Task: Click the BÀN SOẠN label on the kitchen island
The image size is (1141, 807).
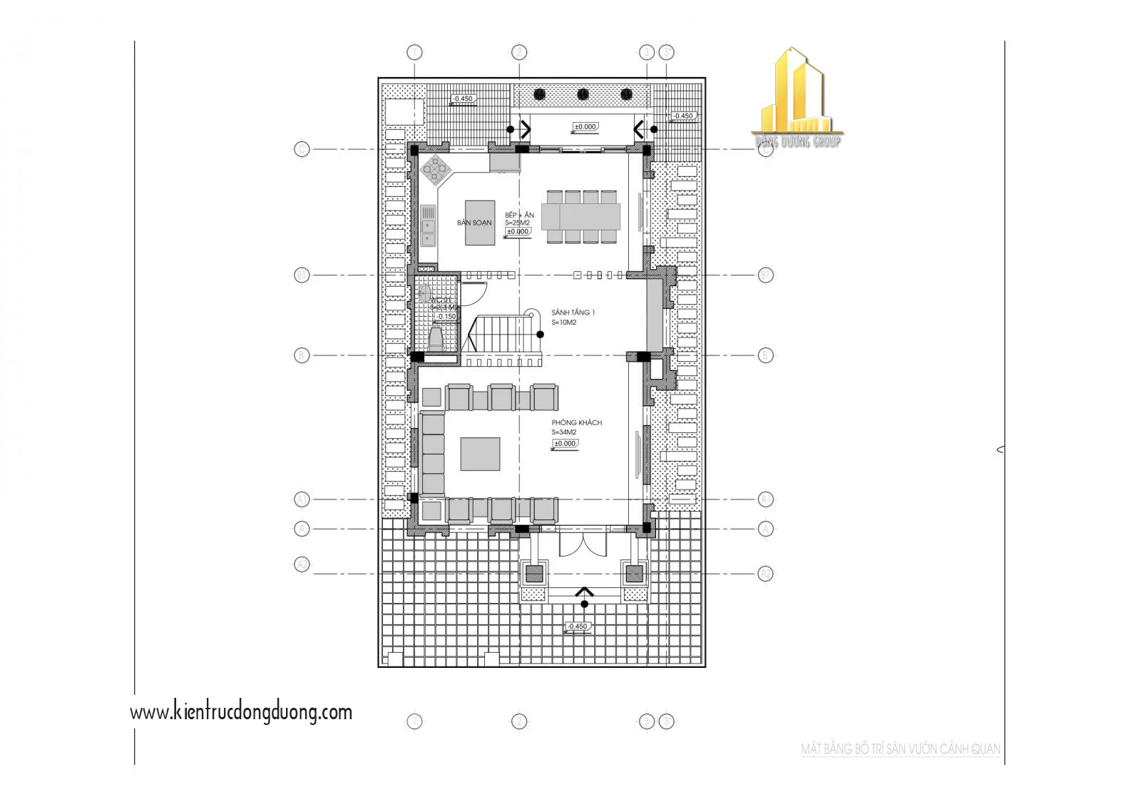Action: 474,223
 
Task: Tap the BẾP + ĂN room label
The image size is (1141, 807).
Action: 519,215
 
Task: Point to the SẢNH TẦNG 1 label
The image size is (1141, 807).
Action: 573,313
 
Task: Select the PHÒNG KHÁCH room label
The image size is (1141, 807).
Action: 576,422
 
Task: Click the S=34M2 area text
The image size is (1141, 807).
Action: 563,432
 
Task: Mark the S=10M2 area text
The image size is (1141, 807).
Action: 563,323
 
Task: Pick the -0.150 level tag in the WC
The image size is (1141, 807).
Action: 446,316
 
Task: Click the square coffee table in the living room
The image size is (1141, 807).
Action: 479,454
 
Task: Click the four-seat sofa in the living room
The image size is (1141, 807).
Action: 432,453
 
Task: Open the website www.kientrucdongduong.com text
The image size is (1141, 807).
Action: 241,712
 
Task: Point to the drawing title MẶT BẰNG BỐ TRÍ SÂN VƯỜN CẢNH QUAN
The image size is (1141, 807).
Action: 900,749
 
